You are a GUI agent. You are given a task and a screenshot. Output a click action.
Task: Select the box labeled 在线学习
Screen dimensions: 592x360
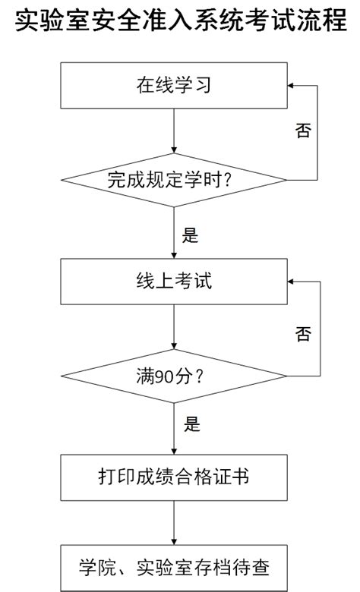(x=174, y=86)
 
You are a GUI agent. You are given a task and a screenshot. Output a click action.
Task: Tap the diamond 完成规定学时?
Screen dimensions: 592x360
(x=174, y=181)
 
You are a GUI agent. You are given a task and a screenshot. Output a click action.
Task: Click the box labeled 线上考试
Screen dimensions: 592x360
(x=174, y=281)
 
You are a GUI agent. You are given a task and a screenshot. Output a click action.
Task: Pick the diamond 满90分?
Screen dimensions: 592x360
(x=174, y=375)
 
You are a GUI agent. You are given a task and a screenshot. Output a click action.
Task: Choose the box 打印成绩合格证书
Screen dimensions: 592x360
(x=174, y=476)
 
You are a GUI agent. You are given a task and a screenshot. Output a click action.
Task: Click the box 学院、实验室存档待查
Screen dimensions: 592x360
(x=174, y=567)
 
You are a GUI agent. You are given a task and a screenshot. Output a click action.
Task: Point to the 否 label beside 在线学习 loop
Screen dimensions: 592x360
(x=302, y=130)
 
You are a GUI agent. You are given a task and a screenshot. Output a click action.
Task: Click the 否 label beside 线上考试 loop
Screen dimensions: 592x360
(x=302, y=333)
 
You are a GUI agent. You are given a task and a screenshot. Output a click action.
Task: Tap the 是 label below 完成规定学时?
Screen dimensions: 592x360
(x=191, y=235)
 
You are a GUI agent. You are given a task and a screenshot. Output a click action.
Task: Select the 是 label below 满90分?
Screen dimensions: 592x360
(x=191, y=424)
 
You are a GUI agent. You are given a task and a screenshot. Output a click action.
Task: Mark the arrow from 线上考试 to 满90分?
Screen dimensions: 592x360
(x=174, y=326)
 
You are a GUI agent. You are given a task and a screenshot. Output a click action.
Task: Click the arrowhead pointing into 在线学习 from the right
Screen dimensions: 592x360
(x=292, y=86)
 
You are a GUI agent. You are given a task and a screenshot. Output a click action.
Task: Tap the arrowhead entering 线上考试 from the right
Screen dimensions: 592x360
(x=292, y=281)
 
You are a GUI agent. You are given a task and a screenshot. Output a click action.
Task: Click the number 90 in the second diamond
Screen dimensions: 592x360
(x=162, y=375)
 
